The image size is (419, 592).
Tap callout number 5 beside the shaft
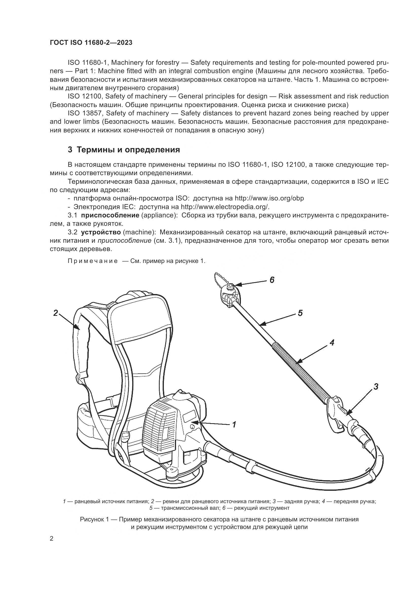click(x=300, y=313)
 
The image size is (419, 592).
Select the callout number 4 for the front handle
click(x=332, y=343)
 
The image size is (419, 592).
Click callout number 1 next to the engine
click(x=234, y=424)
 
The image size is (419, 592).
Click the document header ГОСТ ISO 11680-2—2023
click(x=91, y=43)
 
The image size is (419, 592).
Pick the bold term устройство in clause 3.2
click(x=101, y=232)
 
